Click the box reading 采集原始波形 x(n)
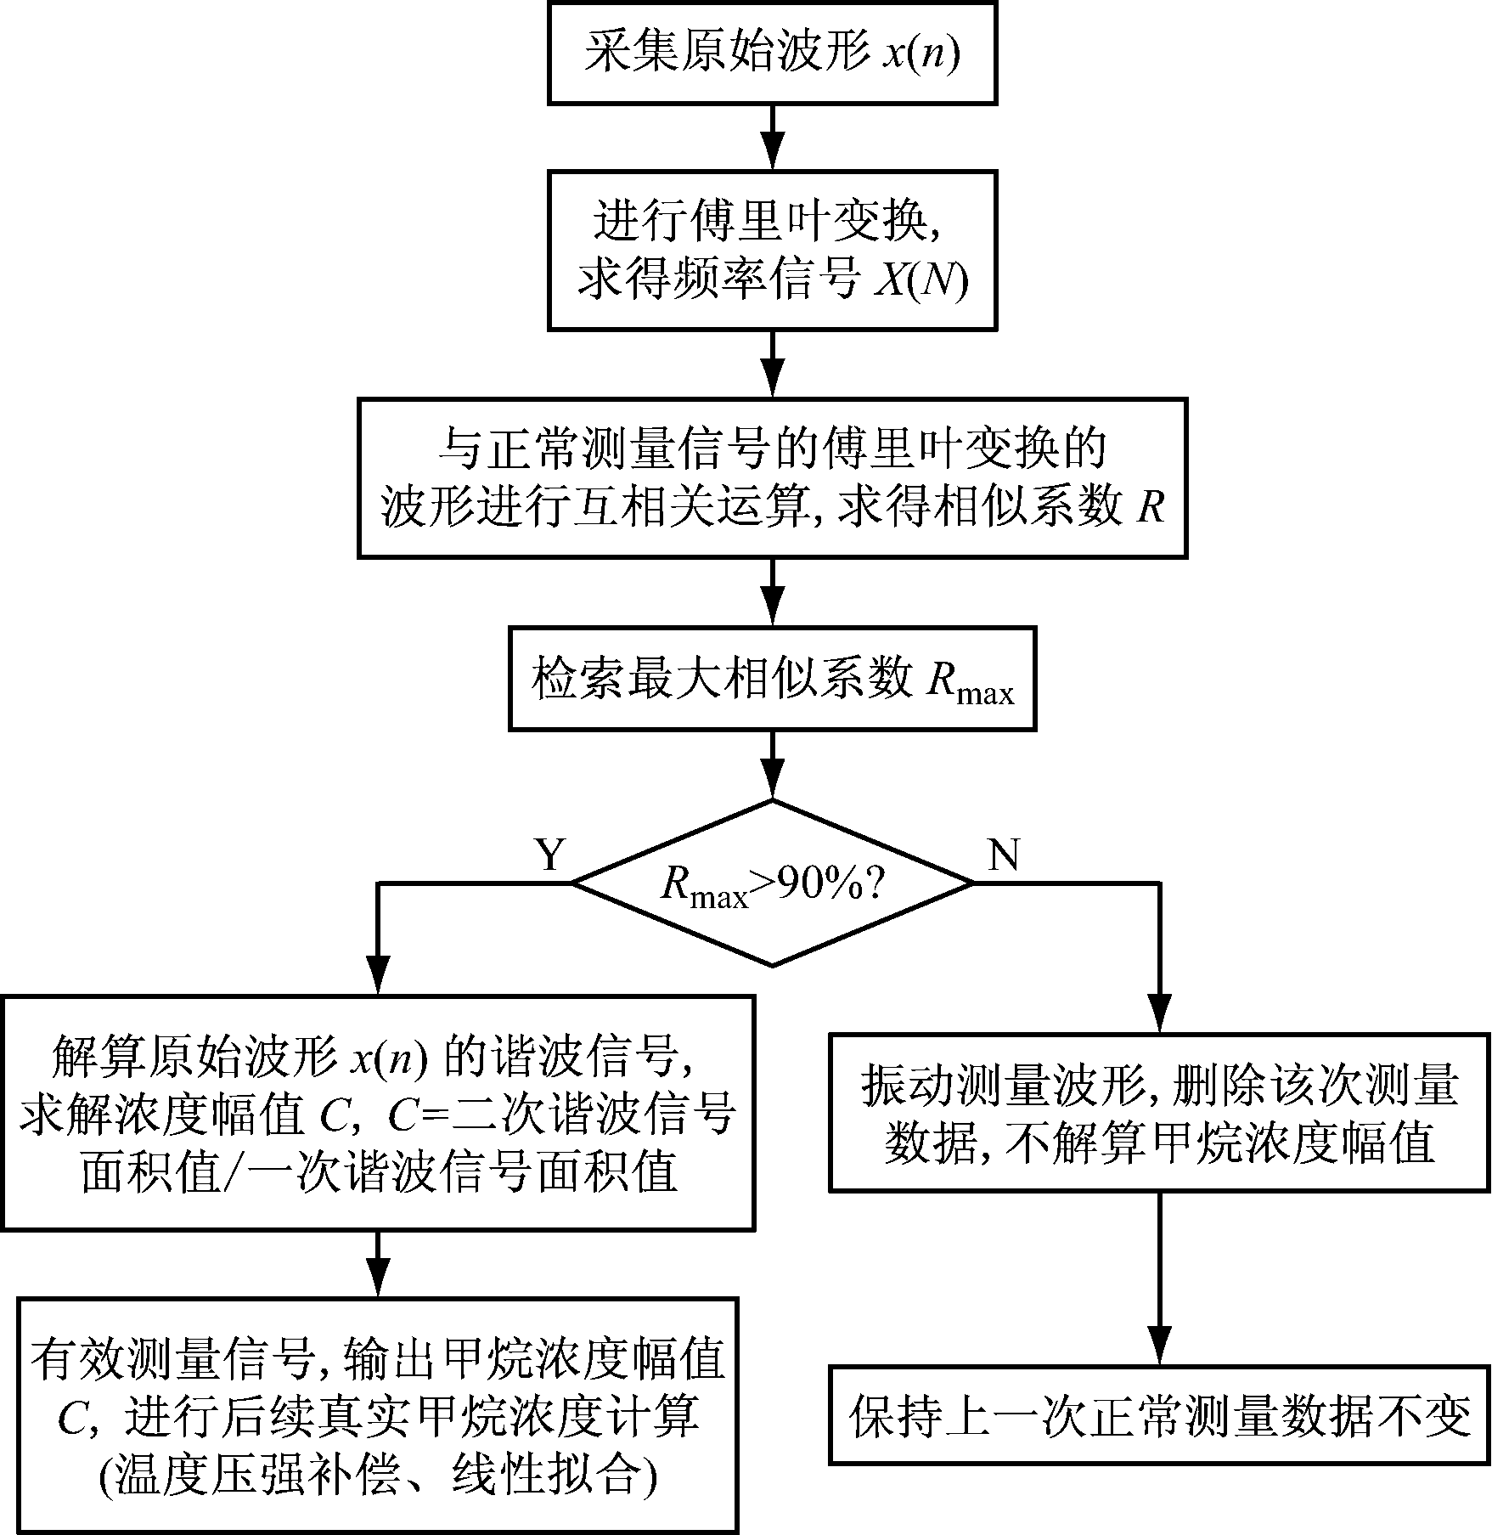pos(772,54)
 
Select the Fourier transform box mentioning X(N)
pos(772,251)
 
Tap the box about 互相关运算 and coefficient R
pos(772,478)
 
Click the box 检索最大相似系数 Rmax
pos(772,680)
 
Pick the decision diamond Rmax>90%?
pos(772,883)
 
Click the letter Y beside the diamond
pos(550,854)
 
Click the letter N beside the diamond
pos(1004,854)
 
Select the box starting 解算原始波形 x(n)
pos(378,1114)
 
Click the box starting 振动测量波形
pos(1159,1114)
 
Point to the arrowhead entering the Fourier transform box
pos(772,155)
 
